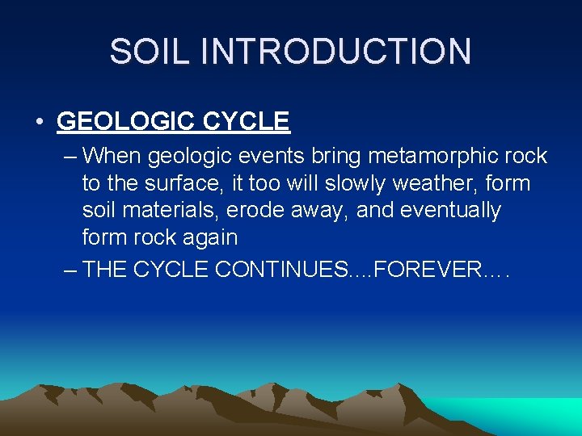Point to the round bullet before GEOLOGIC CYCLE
pos(39,122)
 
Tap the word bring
pos(340,156)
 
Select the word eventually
pos(449,211)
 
